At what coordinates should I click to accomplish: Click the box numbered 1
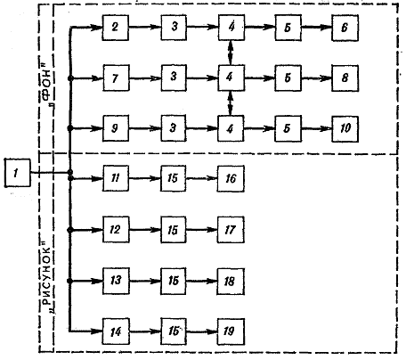pos(18,173)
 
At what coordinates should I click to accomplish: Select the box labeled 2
pos(116,28)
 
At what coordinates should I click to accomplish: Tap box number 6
pos(345,28)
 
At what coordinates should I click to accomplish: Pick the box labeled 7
pos(116,78)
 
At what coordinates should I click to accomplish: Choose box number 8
pos(345,78)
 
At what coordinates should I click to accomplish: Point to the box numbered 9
pos(116,128)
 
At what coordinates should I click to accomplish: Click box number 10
pos(345,129)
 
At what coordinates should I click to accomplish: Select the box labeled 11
pos(116,178)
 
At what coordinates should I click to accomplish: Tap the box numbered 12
pos(116,230)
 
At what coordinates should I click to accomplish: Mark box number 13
pos(116,281)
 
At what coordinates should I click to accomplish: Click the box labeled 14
pos(116,331)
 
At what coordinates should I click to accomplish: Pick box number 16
pos(231,178)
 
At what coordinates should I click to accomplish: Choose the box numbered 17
pos(231,230)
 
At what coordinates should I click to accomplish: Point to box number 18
pos(231,282)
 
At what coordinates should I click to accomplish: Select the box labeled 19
pos(231,331)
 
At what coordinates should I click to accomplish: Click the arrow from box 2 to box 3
pos(145,27)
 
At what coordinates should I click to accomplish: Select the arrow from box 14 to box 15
pos(145,331)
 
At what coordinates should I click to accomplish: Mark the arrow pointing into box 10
pos(316,129)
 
